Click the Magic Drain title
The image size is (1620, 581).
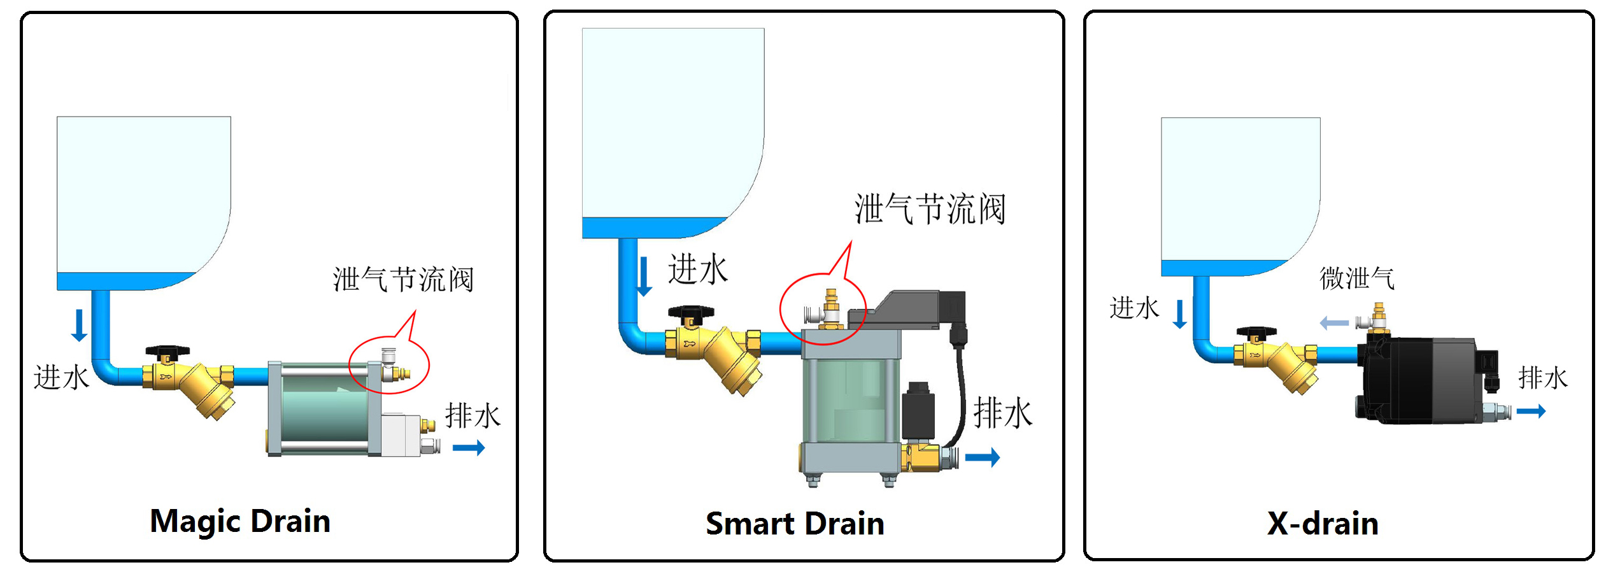240,521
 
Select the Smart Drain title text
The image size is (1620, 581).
795,524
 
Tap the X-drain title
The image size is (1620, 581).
1323,524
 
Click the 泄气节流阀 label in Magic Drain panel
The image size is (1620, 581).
403,280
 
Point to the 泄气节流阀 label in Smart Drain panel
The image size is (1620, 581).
930,209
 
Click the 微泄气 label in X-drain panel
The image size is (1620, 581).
1356,278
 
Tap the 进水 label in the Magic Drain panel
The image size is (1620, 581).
61,377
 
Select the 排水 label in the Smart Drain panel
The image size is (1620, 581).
1003,413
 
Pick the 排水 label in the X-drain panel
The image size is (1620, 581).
1542,378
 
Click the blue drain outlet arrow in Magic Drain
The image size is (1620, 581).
469,448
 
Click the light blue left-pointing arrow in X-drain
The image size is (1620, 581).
1334,323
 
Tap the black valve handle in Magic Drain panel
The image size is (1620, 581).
167,352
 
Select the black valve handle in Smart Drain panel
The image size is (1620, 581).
691,313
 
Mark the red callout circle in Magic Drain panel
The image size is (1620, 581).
389,365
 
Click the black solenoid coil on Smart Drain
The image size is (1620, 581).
918,410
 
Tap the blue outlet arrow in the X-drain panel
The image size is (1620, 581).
1531,412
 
